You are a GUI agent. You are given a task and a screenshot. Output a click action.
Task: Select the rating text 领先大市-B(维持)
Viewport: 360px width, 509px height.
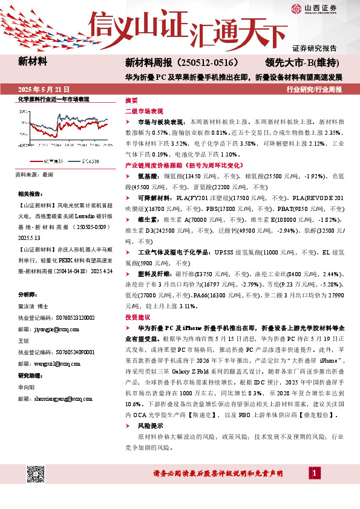(x=302, y=62)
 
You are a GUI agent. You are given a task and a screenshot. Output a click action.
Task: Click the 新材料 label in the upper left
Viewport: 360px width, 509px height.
(x=33, y=61)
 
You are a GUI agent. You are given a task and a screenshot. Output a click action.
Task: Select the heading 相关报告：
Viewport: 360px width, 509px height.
(x=31, y=195)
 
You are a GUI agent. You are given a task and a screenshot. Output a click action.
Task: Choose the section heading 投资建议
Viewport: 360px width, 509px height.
(x=137, y=316)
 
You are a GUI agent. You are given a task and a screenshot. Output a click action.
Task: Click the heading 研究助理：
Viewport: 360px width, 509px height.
(x=31, y=375)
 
